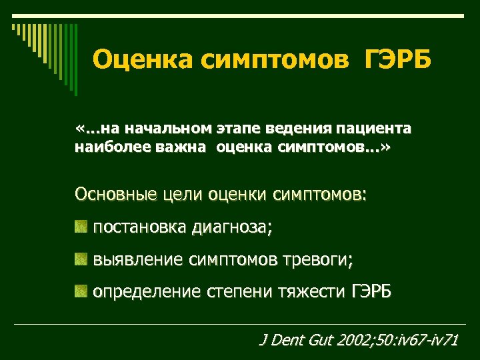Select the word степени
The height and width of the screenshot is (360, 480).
[239, 292]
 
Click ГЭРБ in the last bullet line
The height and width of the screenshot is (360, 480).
[371, 291]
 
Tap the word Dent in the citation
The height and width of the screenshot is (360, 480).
[288, 341]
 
